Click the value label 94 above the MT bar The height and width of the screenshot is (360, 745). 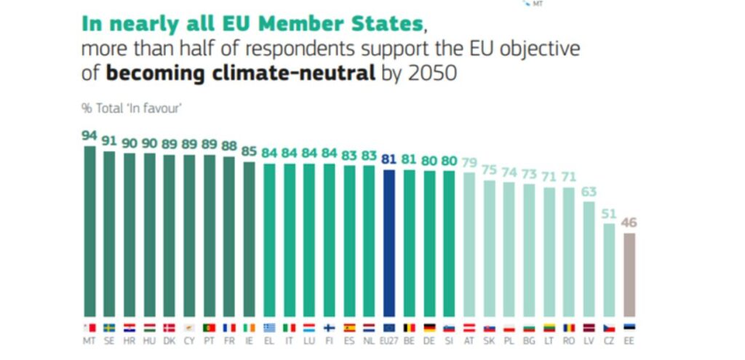click(x=90, y=135)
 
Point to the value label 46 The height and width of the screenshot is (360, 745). click(x=629, y=223)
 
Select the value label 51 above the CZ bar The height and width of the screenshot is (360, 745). click(x=610, y=213)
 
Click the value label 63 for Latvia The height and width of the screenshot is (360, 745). click(x=590, y=191)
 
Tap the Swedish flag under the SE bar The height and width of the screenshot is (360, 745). click(x=110, y=327)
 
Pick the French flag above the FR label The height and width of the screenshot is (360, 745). click(x=229, y=327)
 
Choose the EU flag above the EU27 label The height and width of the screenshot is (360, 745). click(x=389, y=327)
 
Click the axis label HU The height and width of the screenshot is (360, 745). click(x=150, y=340)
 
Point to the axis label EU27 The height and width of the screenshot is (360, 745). click(x=389, y=340)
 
